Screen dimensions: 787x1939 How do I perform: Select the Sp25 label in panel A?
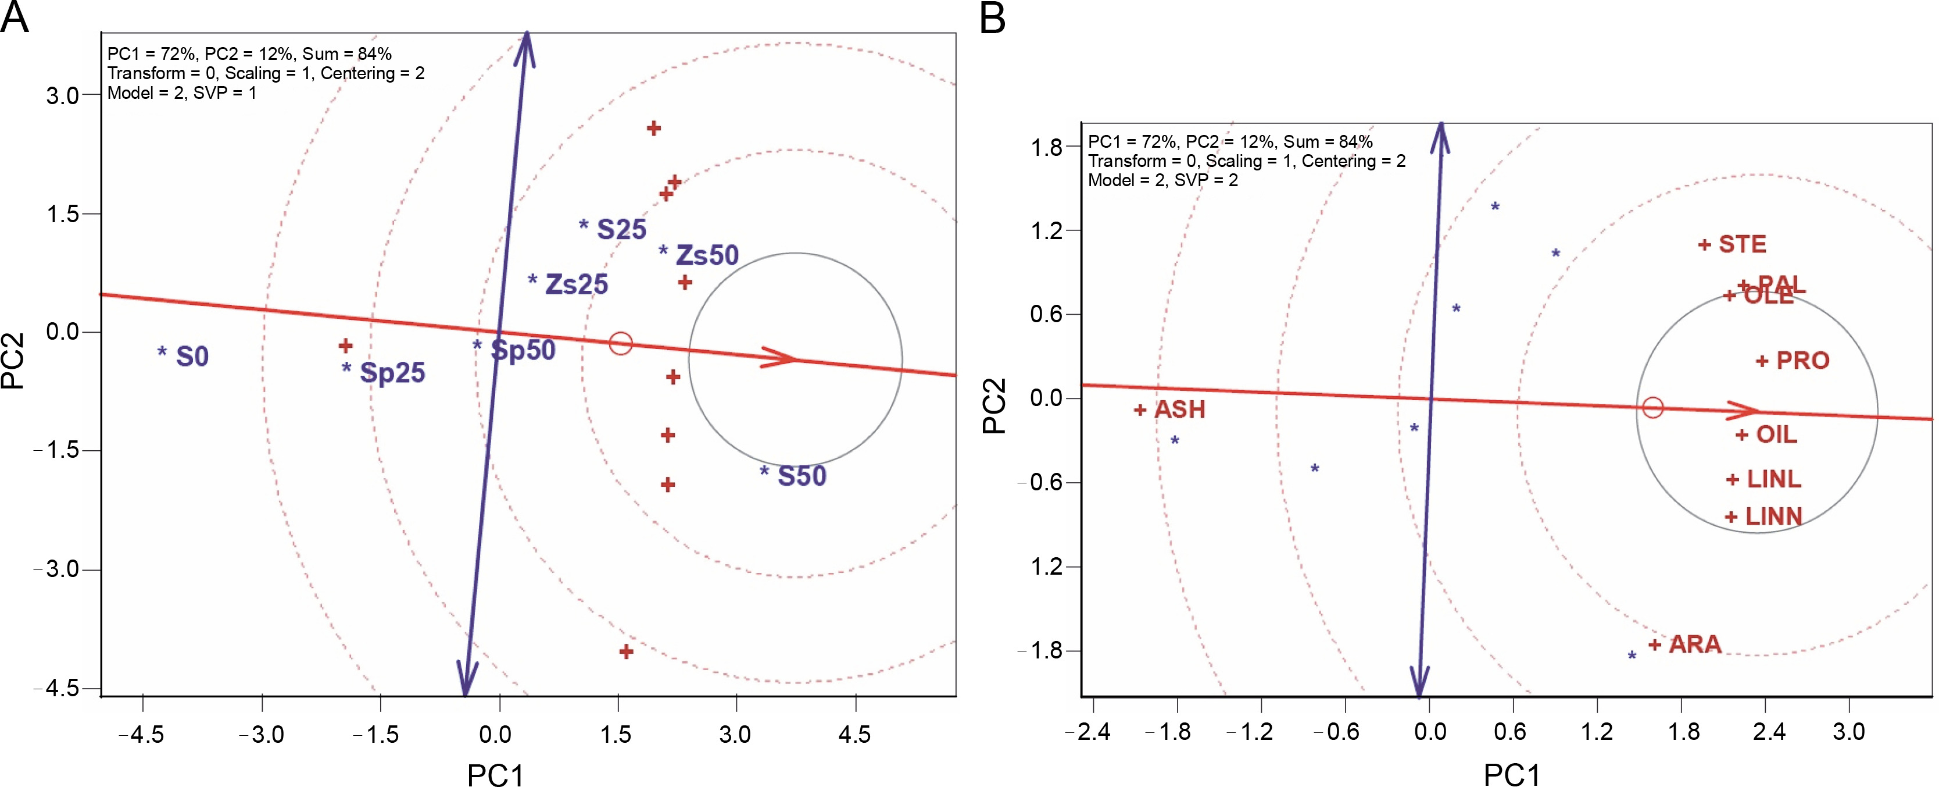392,372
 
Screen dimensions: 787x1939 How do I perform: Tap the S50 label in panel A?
802,476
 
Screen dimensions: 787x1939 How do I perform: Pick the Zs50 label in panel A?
707,255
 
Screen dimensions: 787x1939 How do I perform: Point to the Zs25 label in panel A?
576,284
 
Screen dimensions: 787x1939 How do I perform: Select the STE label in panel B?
1742,245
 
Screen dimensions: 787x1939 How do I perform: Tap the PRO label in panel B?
1803,361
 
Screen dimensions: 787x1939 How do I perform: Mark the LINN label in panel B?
1773,517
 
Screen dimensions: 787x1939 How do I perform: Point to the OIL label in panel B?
1776,435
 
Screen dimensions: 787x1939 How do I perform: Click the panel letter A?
15,16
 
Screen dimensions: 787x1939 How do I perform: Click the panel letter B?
993,16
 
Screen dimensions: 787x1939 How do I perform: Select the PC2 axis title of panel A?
13,361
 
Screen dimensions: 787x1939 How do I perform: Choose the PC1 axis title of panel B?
1511,774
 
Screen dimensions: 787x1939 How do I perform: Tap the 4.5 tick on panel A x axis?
854,733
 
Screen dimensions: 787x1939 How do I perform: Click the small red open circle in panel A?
620,343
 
